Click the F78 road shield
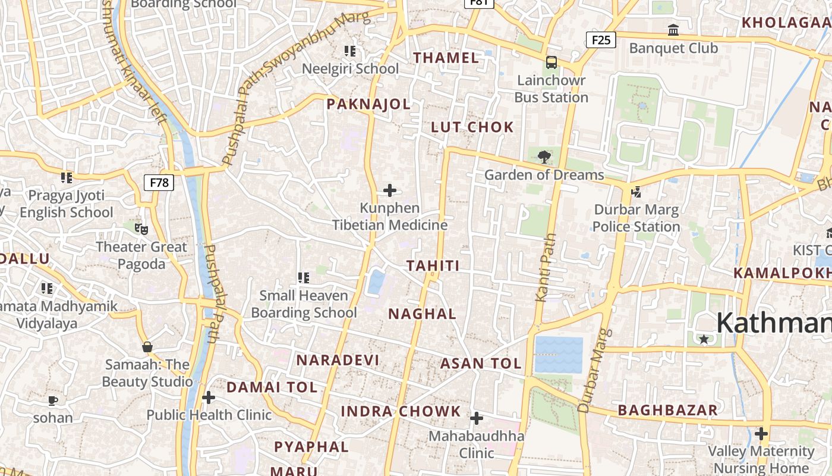159,182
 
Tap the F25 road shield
601,40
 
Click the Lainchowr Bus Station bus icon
551,62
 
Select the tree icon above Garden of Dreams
543,157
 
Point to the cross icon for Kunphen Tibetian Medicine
390,190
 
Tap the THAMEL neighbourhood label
446,58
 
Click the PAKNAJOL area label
368,104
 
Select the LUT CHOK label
472,127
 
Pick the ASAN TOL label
481,363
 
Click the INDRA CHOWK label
401,411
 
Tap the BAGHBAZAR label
667,410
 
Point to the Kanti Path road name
548,267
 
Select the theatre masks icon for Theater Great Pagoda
141,228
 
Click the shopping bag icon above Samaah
147,346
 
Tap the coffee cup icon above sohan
53,400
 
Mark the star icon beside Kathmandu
704,339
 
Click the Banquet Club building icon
673,30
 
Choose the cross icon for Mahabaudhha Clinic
477,418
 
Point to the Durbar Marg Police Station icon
636,192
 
